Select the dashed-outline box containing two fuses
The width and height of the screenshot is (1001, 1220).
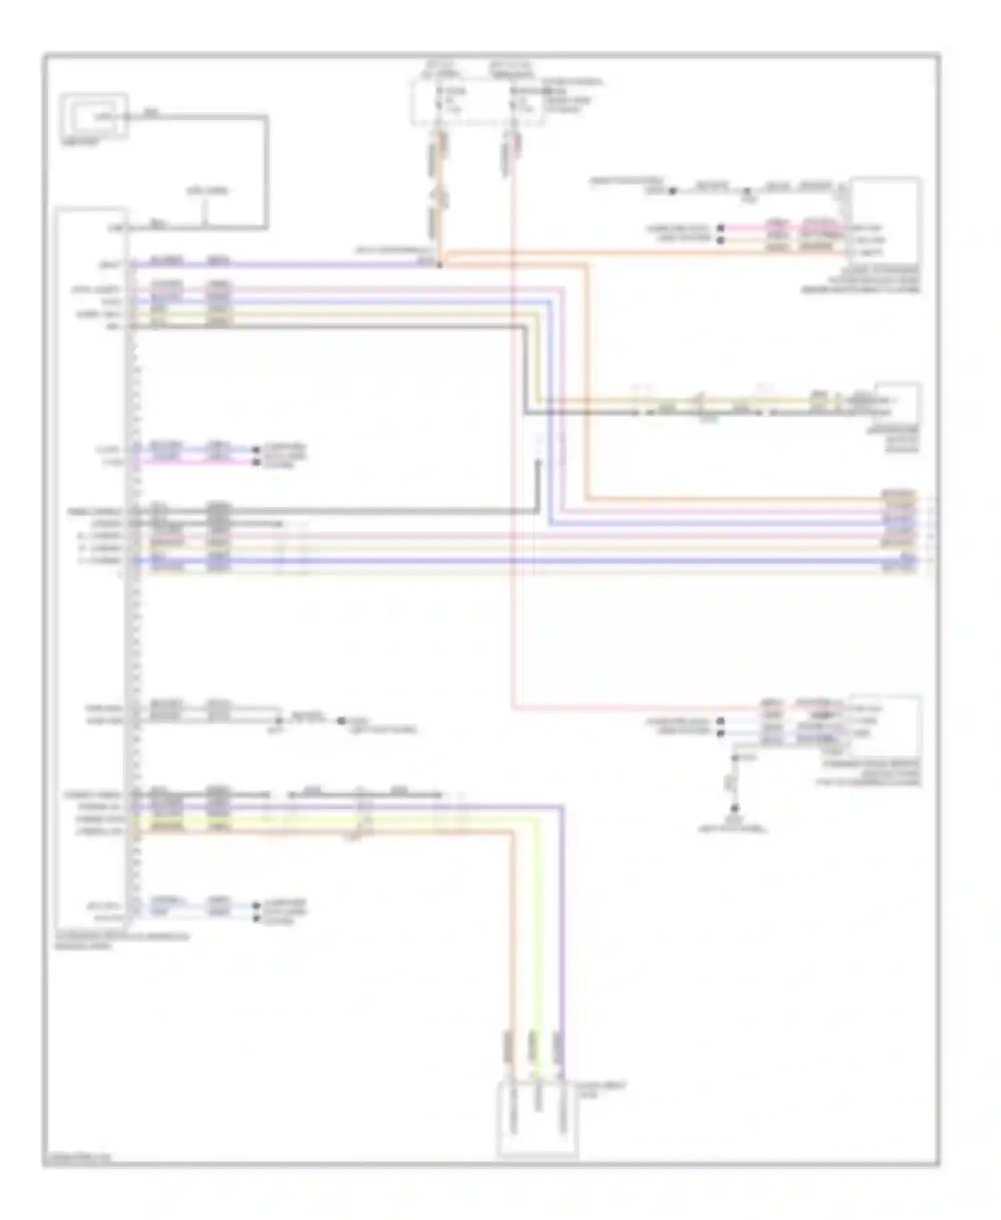(x=477, y=101)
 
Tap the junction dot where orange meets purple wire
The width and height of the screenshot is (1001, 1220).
(x=439, y=265)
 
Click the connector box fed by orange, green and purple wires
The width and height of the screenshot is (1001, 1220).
(x=537, y=1118)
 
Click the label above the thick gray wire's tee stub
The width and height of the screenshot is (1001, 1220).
(x=207, y=191)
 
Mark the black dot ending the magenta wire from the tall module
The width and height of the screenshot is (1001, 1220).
(x=255, y=462)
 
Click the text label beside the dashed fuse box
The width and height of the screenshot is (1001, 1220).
(x=573, y=96)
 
